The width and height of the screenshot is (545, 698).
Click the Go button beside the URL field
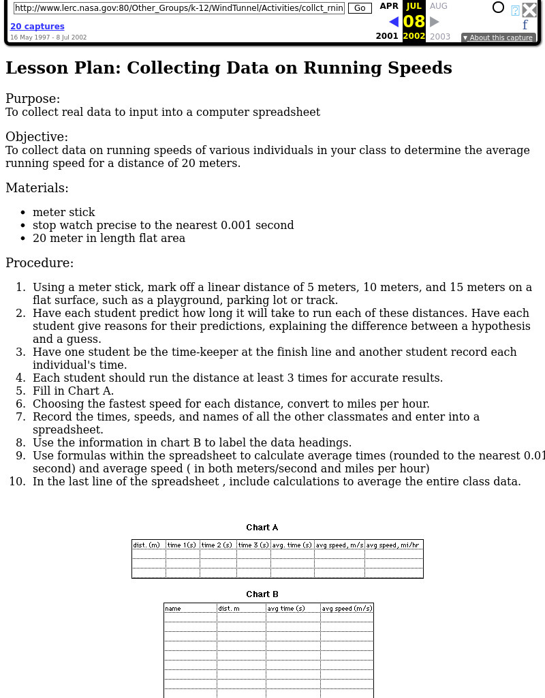pos(360,7)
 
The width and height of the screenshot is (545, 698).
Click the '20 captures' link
pos(37,27)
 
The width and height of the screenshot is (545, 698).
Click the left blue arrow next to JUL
pos(393,22)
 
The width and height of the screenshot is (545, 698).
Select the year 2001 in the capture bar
pos(387,36)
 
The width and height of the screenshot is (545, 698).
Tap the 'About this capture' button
pos(497,37)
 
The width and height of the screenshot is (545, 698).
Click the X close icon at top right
pos(529,10)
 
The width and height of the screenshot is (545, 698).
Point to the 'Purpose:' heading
pos(33,99)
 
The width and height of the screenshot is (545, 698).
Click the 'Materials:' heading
pos(37,188)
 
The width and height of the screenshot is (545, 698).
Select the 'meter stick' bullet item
pos(64,212)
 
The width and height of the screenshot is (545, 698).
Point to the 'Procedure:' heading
pos(40,263)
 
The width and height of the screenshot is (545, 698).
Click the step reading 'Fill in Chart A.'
pos(73,391)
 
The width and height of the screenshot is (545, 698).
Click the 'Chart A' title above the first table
pos(262,527)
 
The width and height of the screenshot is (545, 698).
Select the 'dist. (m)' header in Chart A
pos(146,545)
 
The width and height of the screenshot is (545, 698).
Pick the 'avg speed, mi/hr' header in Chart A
pos(393,545)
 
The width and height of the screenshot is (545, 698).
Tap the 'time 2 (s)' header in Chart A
pos(217,545)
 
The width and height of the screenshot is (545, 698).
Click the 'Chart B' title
pos(262,594)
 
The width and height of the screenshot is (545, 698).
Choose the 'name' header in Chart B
pos(173,608)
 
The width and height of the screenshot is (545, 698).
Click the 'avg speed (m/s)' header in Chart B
pos(347,608)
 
